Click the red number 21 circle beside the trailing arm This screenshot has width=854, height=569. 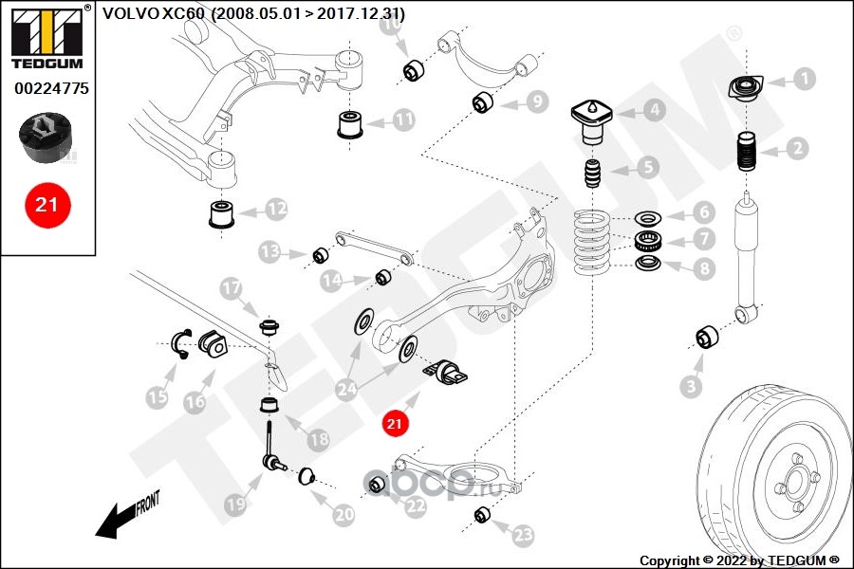point(395,423)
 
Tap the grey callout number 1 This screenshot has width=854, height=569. point(805,80)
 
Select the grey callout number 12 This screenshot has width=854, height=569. point(276,209)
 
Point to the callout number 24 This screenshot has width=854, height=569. point(347,389)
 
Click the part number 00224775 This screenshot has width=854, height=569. point(51,88)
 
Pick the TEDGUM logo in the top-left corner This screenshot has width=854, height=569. point(47,36)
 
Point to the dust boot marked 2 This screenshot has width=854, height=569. point(747,152)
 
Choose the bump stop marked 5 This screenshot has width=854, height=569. point(592,174)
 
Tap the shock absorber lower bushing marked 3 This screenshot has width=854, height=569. point(708,337)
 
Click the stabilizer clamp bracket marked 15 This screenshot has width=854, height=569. point(181,344)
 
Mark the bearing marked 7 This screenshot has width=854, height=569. point(648,240)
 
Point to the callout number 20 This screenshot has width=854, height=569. point(343,514)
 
